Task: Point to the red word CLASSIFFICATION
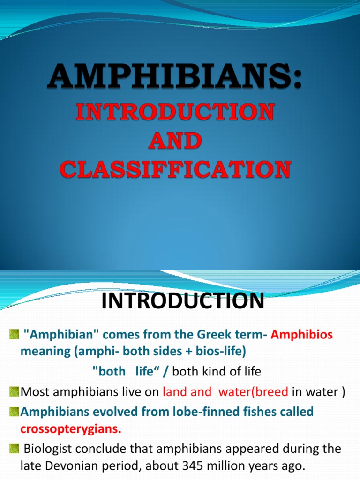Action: tap(175, 169)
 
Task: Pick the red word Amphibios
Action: tap(302, 335)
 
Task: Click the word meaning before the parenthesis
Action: tap(43, 351)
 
